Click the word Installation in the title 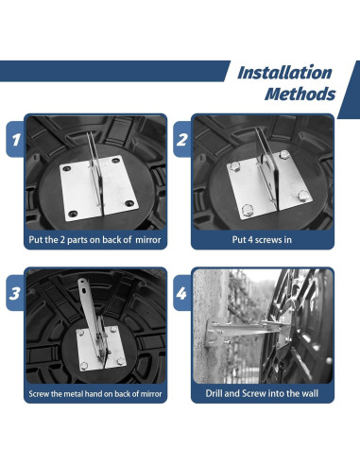click(x=284, y=73)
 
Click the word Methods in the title click(x=300, y=94)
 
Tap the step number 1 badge click(x=15, y=139)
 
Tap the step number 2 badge click(x=182, y=139)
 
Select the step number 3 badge click(x=15, y=293)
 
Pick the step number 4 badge click(x=182, y=293)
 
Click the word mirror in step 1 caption click(x=148, y=240)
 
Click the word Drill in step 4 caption click(x=214, y=393)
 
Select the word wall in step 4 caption click(x=310, y=393)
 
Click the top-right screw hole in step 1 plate click(x=116, y=161)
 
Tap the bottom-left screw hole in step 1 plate click(x=73, y=214)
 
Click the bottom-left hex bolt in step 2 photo click(x=248, y=210)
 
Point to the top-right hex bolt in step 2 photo click(x=284, y=155)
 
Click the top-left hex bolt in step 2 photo click(x=235, y=166)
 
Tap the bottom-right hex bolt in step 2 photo click(x=303, y=196)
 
